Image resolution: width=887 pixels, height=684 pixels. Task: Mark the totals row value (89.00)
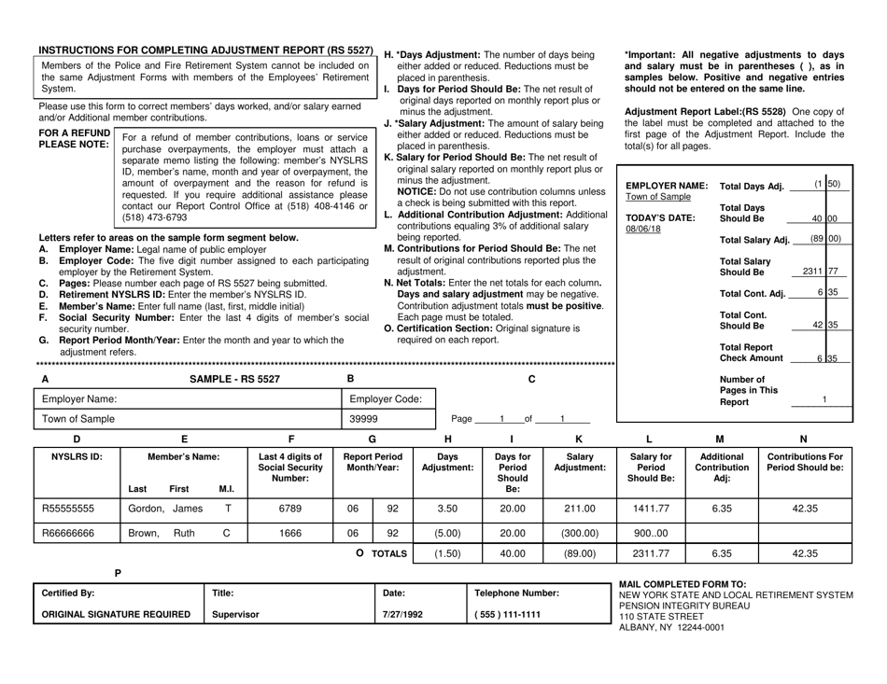pos(580,579)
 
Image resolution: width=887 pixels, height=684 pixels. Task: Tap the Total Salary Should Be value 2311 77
pos(819,271)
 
